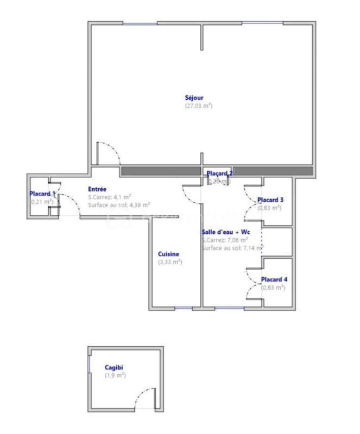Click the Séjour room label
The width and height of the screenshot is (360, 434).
tap(194, 98)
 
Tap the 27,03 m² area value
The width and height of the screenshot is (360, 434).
tap(198, 106)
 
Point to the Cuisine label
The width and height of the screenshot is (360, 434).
tap(168, 254)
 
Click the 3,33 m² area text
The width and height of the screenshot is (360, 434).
tap(169, 261)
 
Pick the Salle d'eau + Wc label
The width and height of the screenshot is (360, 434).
tap(225, 232)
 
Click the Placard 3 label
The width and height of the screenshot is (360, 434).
tap(270, 200)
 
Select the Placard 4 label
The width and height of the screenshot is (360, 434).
tap(274, 280)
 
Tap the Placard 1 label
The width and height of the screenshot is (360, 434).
tap(42, 194)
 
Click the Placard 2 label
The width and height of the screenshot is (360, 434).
tap(219, 174)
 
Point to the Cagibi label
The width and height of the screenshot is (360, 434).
tap(114, 367)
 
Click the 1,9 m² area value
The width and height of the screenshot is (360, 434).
tap(115, 375)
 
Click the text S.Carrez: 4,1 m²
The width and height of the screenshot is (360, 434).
tap(110, 197)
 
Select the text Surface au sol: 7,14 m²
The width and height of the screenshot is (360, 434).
tap(231, 248)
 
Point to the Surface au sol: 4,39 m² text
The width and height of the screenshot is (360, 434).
tap(119, 205)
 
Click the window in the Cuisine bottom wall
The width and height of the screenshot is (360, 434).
tap(184, 309)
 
